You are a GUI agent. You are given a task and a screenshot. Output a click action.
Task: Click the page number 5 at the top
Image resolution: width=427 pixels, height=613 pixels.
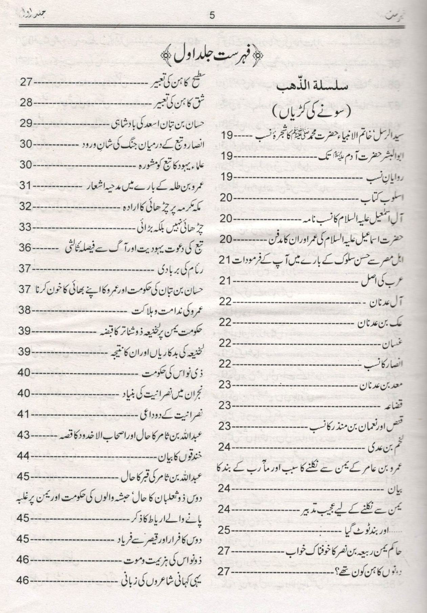213,16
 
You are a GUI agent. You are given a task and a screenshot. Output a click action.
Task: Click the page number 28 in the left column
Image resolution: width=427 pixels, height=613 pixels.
25,102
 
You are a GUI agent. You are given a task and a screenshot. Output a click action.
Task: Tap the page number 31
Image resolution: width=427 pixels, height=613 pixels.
25,186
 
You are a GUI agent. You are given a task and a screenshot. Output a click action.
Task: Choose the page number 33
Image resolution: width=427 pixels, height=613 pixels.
25,227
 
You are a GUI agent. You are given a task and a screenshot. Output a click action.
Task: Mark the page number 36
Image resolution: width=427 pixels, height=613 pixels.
25,248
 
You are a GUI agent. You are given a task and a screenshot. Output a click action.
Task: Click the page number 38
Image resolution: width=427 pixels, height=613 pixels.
25,310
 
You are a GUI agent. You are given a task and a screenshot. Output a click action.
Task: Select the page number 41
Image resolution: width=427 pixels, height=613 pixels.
25,414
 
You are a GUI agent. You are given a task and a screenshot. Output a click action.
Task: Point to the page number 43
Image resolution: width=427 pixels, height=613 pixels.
25,434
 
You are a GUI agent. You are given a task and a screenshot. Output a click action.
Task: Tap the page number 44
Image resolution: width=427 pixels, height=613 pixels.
25,455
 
